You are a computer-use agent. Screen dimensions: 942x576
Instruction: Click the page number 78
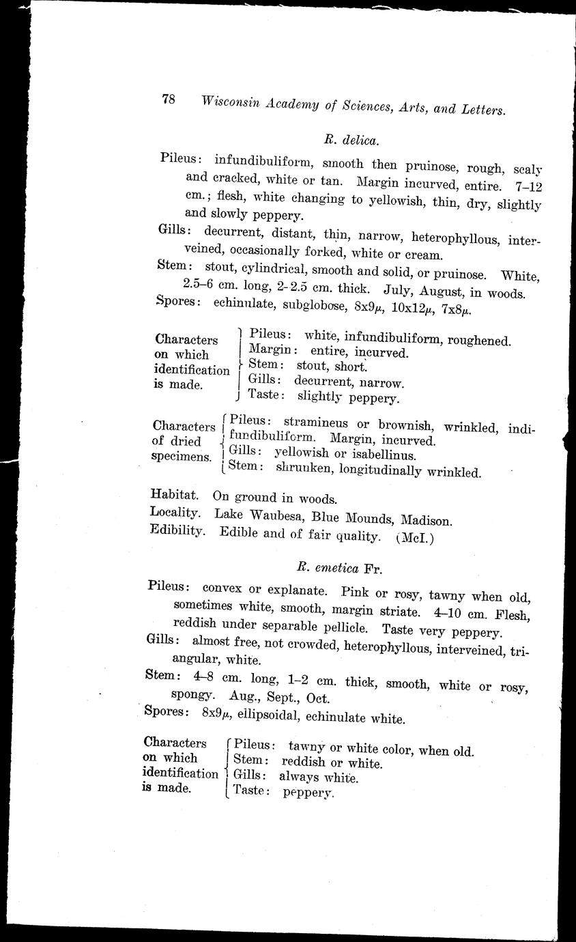pyautogui.click(x=169, y=99)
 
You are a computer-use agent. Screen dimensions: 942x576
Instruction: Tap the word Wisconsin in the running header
pyautogui.click(x=231, y=102)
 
